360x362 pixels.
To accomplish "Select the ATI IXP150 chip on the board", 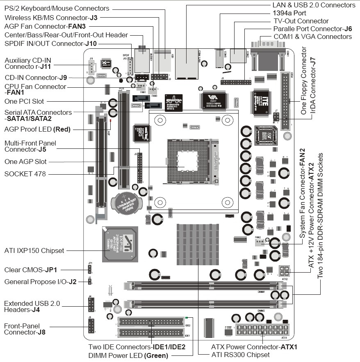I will click(x=120, y=244).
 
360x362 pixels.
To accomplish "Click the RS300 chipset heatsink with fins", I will click(x=198, y=244).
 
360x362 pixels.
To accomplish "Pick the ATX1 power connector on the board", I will click(x=263, y=330).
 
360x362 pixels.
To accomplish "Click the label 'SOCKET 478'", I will click(x=25, y=174).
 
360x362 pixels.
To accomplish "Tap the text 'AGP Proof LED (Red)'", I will click(x=37, y=129).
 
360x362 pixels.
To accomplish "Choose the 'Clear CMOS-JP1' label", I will click(x=31, y=270).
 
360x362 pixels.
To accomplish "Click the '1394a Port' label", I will click(x=291, y=13).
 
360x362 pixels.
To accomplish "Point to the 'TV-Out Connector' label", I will click(x=301, y=21).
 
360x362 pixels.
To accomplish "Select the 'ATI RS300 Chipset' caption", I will click(x=240, y=355).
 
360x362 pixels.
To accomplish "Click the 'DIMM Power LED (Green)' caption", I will click(x=128, y=355).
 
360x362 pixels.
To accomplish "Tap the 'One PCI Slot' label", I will click(x=24, y=101).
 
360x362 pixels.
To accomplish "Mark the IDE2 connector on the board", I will click(x=151, y=321).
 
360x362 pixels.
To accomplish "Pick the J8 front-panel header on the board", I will click(x=91, y=325).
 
